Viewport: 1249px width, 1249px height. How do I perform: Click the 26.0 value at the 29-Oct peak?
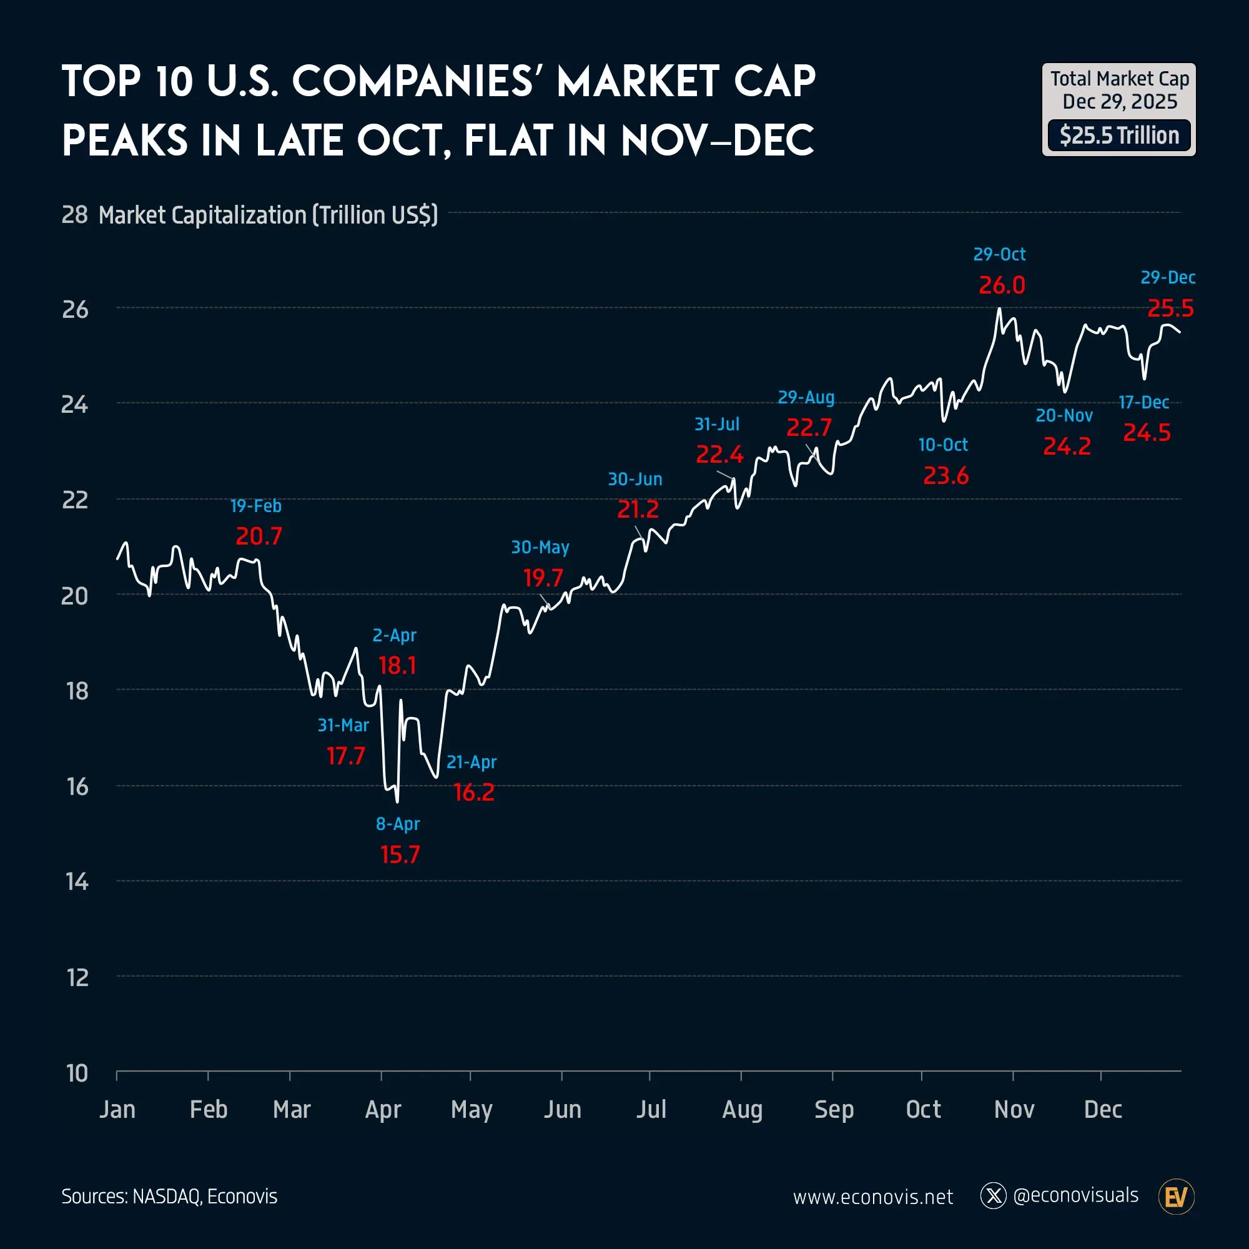tap(1002, 285)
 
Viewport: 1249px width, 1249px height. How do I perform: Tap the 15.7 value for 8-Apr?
tap(400, 855)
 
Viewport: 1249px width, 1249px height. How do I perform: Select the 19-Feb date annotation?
tap(256, 506)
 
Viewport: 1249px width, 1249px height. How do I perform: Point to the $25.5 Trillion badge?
tap(1119, 136)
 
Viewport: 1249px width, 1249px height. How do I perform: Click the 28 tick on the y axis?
tap(75, 215)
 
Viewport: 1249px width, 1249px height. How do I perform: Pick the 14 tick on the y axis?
tap(77, 882)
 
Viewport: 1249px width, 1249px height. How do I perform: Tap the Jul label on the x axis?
tap(651, 1109)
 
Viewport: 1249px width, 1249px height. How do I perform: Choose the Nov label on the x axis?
tap(1014, 1109)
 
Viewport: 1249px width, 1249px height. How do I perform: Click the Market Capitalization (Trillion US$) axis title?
tap(269, 215)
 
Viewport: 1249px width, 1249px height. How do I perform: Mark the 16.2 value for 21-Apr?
tap(474, 792)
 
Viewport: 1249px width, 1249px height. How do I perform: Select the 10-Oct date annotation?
tap(942, 445)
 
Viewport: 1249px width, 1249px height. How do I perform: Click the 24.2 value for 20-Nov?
tap(1067, 446)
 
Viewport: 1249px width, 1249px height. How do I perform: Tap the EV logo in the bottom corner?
tap(1176, 1197)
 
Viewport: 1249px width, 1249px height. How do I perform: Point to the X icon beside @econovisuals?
tap(994, 1196)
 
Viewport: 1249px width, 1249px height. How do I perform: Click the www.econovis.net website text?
tap(873, 1197)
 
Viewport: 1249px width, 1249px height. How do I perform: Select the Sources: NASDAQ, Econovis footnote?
tap(169, 1197)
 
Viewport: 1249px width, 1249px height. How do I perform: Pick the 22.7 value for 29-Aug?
tap(809, 427)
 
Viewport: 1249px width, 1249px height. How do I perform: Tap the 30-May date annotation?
tap(540, 548)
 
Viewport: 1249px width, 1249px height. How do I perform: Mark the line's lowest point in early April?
tap(397, 802)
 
